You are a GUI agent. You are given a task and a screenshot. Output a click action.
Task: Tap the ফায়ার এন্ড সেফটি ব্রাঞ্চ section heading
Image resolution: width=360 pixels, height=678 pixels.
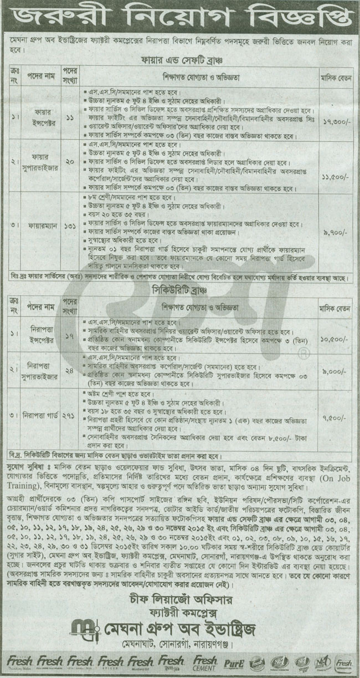180,56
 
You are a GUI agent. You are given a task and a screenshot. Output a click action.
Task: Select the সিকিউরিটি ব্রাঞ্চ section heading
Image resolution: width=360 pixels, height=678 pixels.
180,289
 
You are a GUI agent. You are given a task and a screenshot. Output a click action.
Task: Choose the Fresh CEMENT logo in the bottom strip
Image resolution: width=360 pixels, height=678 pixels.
205,663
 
